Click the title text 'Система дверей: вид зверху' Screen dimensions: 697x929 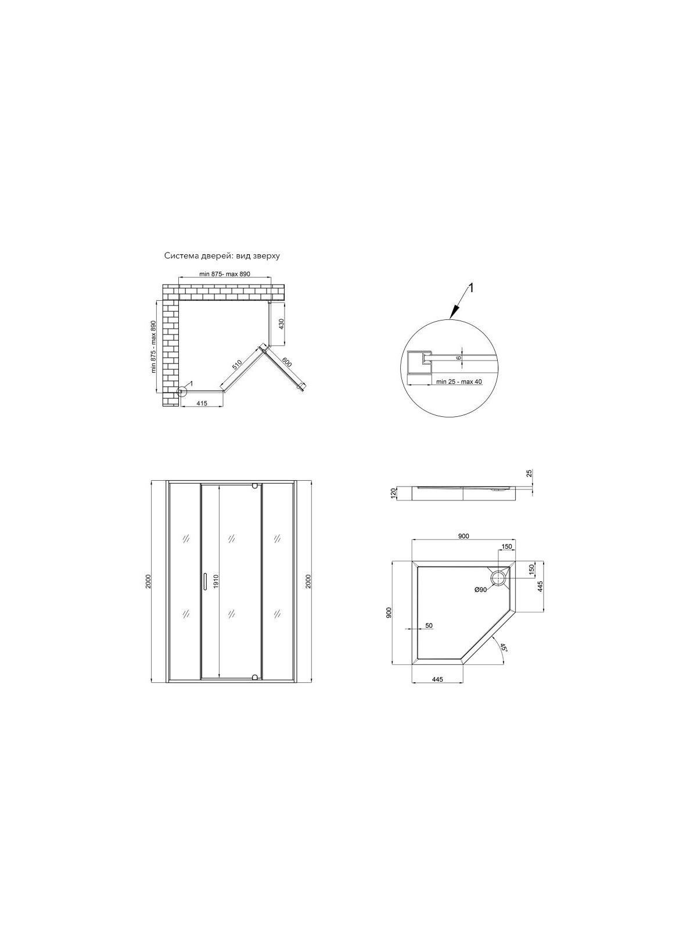point(222,256)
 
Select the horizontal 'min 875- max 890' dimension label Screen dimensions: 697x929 point(225,274)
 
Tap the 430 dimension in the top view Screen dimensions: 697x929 point(281,323)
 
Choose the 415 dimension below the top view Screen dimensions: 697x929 point(202,403)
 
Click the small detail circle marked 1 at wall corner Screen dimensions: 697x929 point(182,391)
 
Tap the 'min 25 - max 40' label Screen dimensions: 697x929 point(459,381)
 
